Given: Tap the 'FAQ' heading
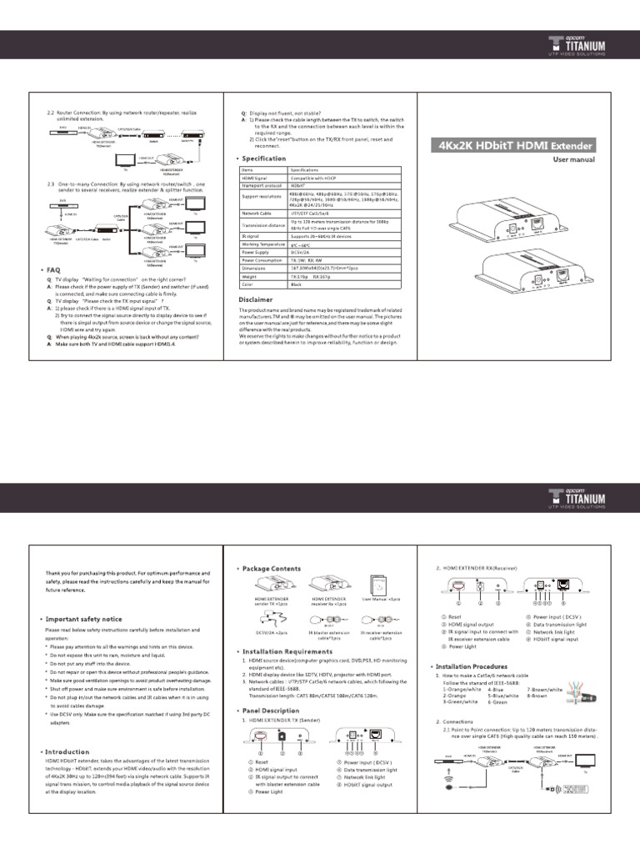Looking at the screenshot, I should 53,270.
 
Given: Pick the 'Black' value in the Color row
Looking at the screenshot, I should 297,284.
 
